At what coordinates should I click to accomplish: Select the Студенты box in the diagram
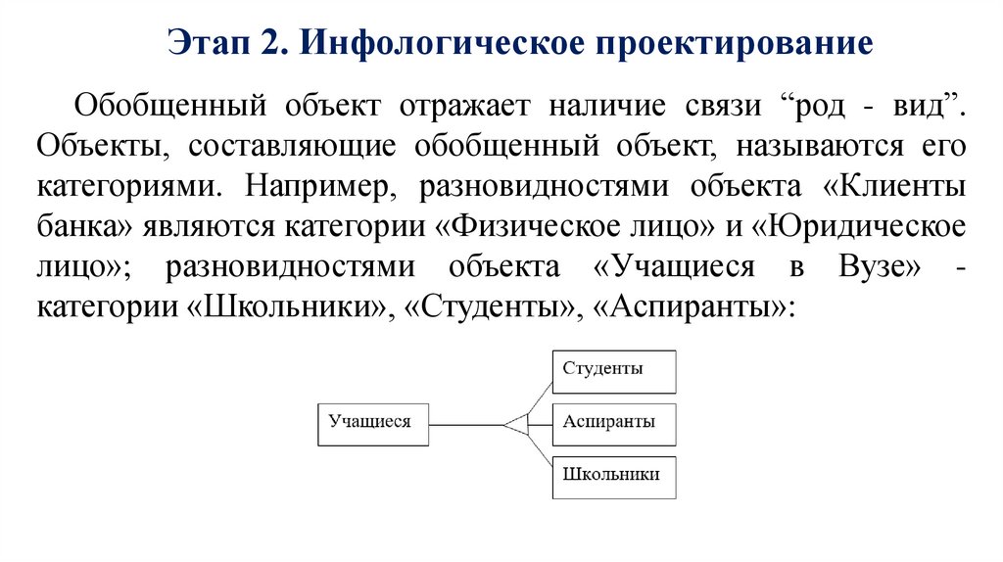click(x=613, y=371)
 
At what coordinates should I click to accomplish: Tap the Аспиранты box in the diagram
click(x=613, y=424)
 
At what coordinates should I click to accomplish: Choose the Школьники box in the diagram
click(x=613, y=477)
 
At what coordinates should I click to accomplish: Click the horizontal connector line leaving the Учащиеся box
click(x=465, y=425)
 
